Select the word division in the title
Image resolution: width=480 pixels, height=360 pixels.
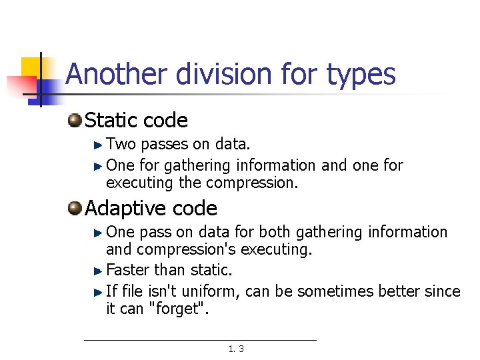[223, 74]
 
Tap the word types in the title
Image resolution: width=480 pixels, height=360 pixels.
[361, 75]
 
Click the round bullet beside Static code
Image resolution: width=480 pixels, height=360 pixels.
[75, 121]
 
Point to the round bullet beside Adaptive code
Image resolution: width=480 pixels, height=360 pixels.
[75, 209]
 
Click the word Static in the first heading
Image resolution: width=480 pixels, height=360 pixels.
[111, 121]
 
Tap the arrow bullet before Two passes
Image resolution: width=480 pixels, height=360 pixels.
[98, 144]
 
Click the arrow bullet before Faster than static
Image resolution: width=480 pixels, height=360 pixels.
[98, 271]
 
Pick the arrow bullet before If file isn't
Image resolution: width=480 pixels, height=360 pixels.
[98, 291]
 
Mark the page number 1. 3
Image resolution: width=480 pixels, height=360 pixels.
[236, 349]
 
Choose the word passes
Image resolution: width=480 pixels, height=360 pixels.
[165, 144]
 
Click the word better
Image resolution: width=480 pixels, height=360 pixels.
[401, 291]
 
